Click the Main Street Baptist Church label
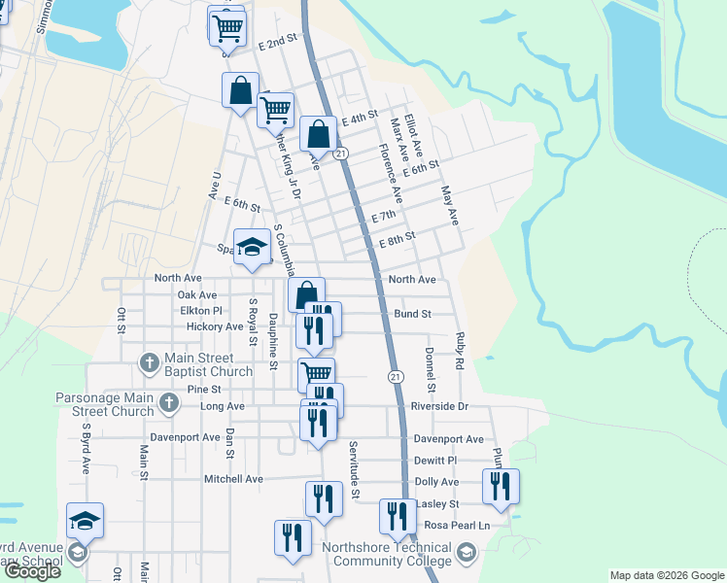(204, 364)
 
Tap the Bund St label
(413, 314)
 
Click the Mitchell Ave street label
(233, 479)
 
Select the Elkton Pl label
(201, 311)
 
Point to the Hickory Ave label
(215, 326)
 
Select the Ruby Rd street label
(459, 349)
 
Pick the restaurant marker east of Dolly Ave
(501, 486)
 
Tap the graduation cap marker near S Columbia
(252, 246)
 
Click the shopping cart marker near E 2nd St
(227, 27)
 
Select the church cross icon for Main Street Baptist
(149, 363)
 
